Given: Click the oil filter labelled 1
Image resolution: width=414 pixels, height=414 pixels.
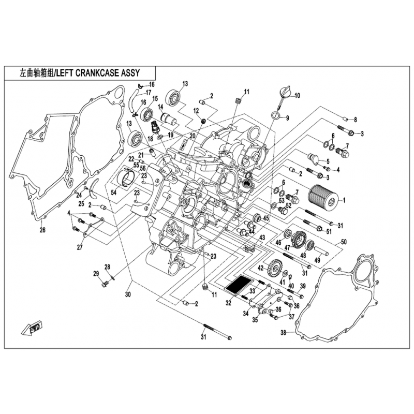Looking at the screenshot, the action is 323,198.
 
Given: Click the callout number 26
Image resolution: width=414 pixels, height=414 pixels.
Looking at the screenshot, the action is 42,230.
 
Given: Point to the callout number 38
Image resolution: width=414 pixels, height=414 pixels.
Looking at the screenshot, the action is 283,332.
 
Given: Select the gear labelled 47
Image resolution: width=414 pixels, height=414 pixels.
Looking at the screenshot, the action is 299,239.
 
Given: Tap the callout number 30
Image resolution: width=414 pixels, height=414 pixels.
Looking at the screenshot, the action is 128,294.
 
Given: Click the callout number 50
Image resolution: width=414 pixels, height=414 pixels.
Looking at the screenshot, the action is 344,242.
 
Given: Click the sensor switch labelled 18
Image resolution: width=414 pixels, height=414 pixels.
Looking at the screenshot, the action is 154,128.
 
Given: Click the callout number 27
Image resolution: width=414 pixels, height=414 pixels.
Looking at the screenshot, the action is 80,247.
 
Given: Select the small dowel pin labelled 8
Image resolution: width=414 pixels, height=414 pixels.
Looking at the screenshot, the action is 346,119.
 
